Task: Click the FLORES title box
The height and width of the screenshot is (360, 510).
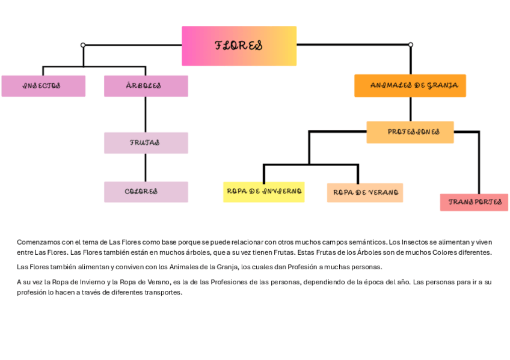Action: tap(239, 46)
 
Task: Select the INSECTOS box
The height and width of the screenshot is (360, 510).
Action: tap(43, 86)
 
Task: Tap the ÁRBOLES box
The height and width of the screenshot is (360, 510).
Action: tap(146, 86)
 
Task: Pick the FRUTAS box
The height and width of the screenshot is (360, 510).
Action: tap(146, 143)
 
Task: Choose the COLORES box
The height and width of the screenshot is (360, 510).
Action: tap(146, 192)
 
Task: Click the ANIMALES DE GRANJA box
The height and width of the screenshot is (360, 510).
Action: tap(410, 85)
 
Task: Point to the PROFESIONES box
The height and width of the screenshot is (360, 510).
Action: tap(410, 132)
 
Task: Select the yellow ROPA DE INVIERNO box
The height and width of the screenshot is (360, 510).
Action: tap(263, 192)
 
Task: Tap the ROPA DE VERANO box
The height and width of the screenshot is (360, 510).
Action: tap(364, 192)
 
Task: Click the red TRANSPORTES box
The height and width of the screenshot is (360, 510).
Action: tap(474, 202)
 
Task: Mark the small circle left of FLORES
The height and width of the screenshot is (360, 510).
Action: tap(83, 45)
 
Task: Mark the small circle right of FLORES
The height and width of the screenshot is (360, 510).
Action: tap(410, 44)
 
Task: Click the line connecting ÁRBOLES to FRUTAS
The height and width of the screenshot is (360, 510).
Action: tap(146, 114)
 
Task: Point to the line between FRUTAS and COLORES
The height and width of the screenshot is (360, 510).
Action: tap(146, 167)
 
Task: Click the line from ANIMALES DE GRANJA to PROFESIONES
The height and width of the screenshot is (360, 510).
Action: tap(410, 109)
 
